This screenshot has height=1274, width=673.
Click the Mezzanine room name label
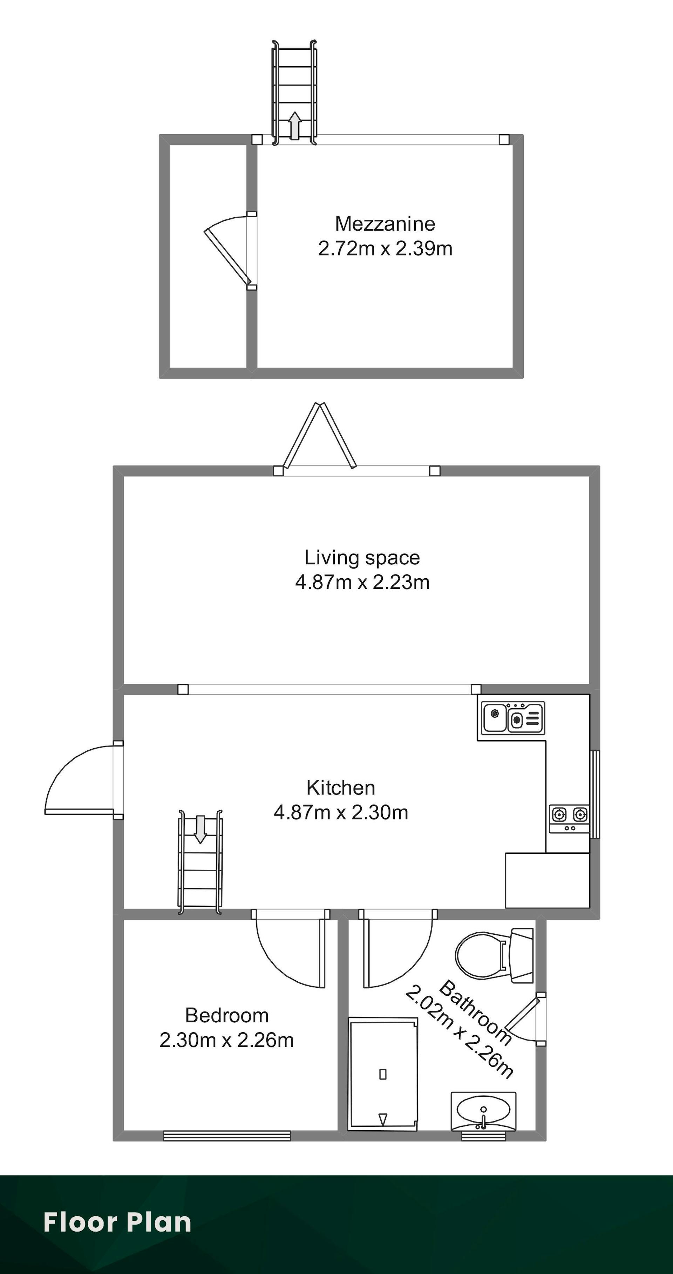pos(385,224)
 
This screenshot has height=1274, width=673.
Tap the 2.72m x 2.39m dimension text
pos(385,248)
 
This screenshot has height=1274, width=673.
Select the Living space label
pos(362,558)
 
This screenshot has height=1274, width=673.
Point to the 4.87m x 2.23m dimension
pos(362,582)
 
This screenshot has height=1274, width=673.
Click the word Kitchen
pos(341,787)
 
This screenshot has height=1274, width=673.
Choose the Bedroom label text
pos(227,1015)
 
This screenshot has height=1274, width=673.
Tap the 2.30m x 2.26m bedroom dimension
pos(227,1040)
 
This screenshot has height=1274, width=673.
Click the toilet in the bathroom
pos(494,955)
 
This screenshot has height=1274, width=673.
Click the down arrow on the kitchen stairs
pos(200,829)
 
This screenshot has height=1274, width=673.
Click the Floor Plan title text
pos(117,1222)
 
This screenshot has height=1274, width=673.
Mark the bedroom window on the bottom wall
pos(227,1136)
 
